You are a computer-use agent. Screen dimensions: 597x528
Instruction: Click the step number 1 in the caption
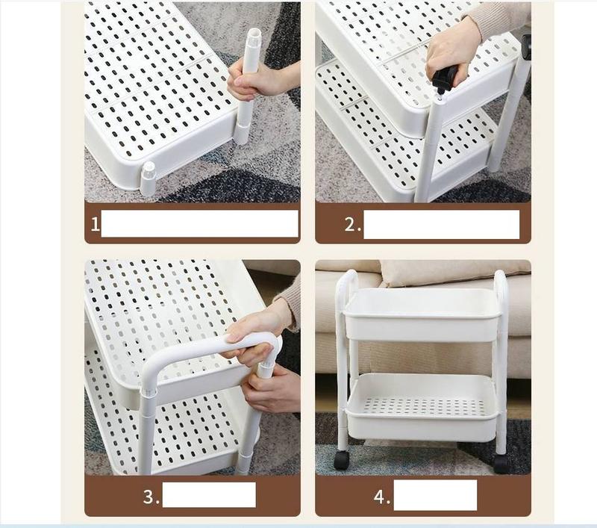95,224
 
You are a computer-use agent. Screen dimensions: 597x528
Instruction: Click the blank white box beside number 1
199,223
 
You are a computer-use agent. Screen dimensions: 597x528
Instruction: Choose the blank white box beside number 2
441,224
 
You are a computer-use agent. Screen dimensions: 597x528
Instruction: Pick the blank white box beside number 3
209,494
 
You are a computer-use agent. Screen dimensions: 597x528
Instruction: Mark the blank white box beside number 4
435,495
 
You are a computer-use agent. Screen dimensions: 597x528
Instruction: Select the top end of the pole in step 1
254,31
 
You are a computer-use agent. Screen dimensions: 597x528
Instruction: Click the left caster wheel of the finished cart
342,460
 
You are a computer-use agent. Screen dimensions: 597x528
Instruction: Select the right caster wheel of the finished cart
502,463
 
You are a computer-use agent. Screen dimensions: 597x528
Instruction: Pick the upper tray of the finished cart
422,314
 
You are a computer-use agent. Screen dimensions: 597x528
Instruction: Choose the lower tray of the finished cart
421,406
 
